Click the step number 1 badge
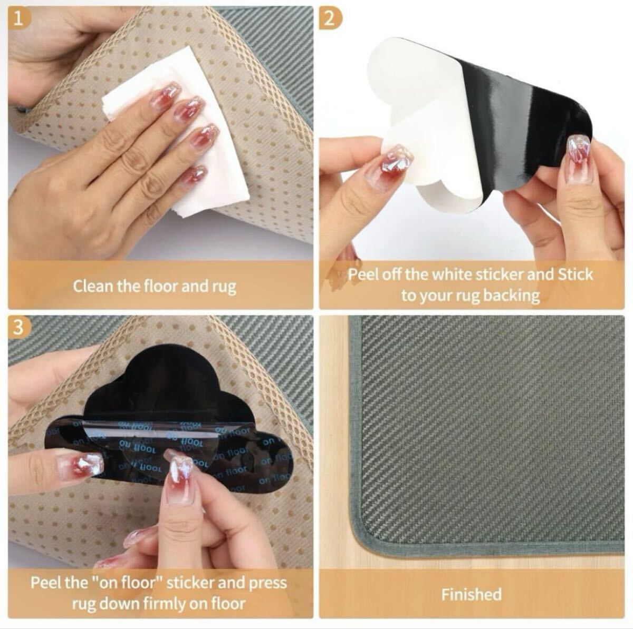[20, 19]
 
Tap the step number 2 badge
[330, 19]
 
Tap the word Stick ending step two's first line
[576, 274]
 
